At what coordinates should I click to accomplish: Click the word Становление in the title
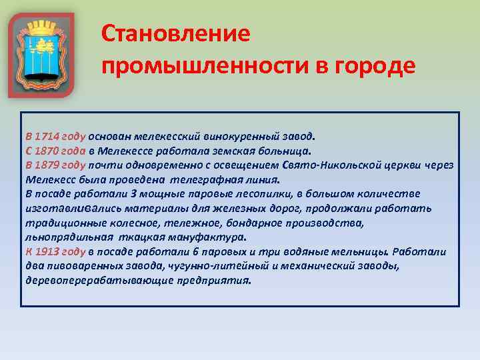coord(176,33)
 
